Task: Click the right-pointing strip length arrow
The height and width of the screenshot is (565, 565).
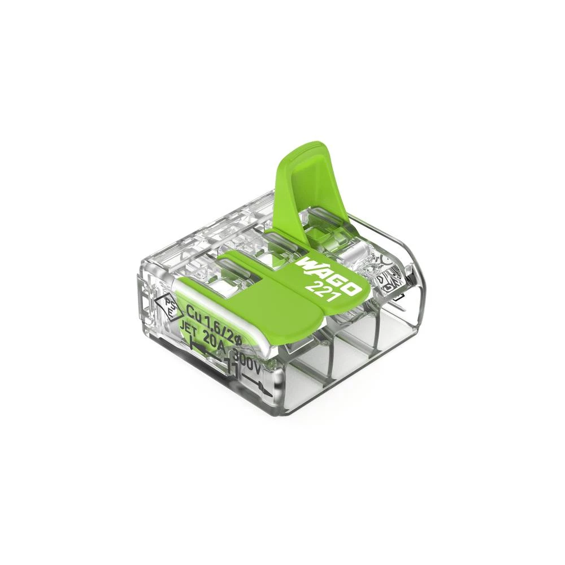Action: [x=260, y=387]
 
